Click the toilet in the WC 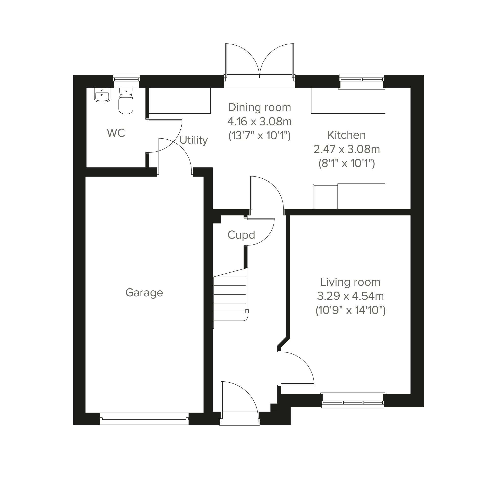(x=126, y=102)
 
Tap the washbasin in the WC (x=102, y=95)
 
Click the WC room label (x=116, y=133)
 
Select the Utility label (x=193, y=140)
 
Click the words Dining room (x=259, y=107)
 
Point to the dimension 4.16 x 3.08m (x=259, y=121)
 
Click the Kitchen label (x=346, y=135)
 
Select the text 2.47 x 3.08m (x=346, y=149)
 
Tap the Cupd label (x=241, y=235)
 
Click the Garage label (x=144, y=293)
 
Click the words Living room (x=350, y=282)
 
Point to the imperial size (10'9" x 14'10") (x=350, y=310)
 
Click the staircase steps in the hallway (x=230, y=298)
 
